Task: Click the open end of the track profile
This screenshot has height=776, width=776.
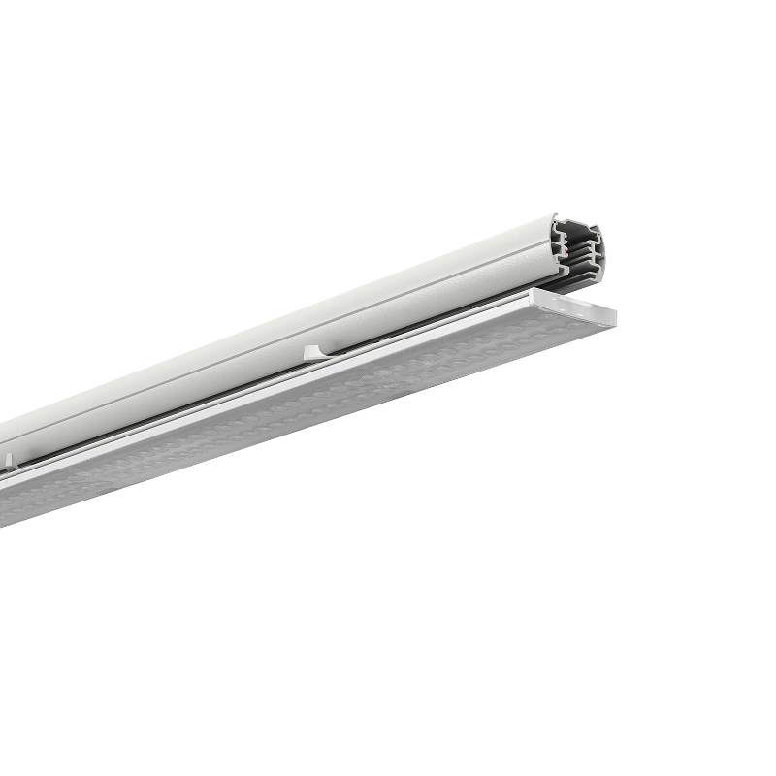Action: tap(576, 254)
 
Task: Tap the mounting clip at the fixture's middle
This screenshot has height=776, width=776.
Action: tap(314, 350)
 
